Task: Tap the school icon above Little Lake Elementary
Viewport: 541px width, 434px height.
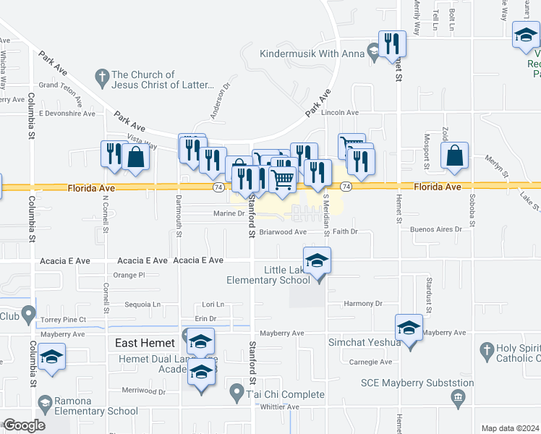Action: pyautogui.click(x=317, y=261)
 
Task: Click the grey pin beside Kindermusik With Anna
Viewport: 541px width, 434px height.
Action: pyautogui.click(x=373, y=51)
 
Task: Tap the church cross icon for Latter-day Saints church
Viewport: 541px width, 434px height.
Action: pyautogui.click(x=102, y=76)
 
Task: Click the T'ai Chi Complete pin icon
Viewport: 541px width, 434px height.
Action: pyautogui.click(x=236, y=393)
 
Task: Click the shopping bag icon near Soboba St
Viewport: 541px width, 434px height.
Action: pyautogui.click(x=454, y=156)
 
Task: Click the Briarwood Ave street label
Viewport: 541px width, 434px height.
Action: pyautogui.click(x=283, y=232)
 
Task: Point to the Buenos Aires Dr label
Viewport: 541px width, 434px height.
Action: pyautogui.click(x=435, y=229)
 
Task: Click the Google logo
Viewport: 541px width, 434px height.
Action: pyautogui.click(x=24, y=425)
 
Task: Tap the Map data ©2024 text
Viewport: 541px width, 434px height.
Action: pyautogui.click(x=510, y=428)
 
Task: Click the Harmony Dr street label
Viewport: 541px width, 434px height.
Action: pyautogui.click(x=362, y=304)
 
